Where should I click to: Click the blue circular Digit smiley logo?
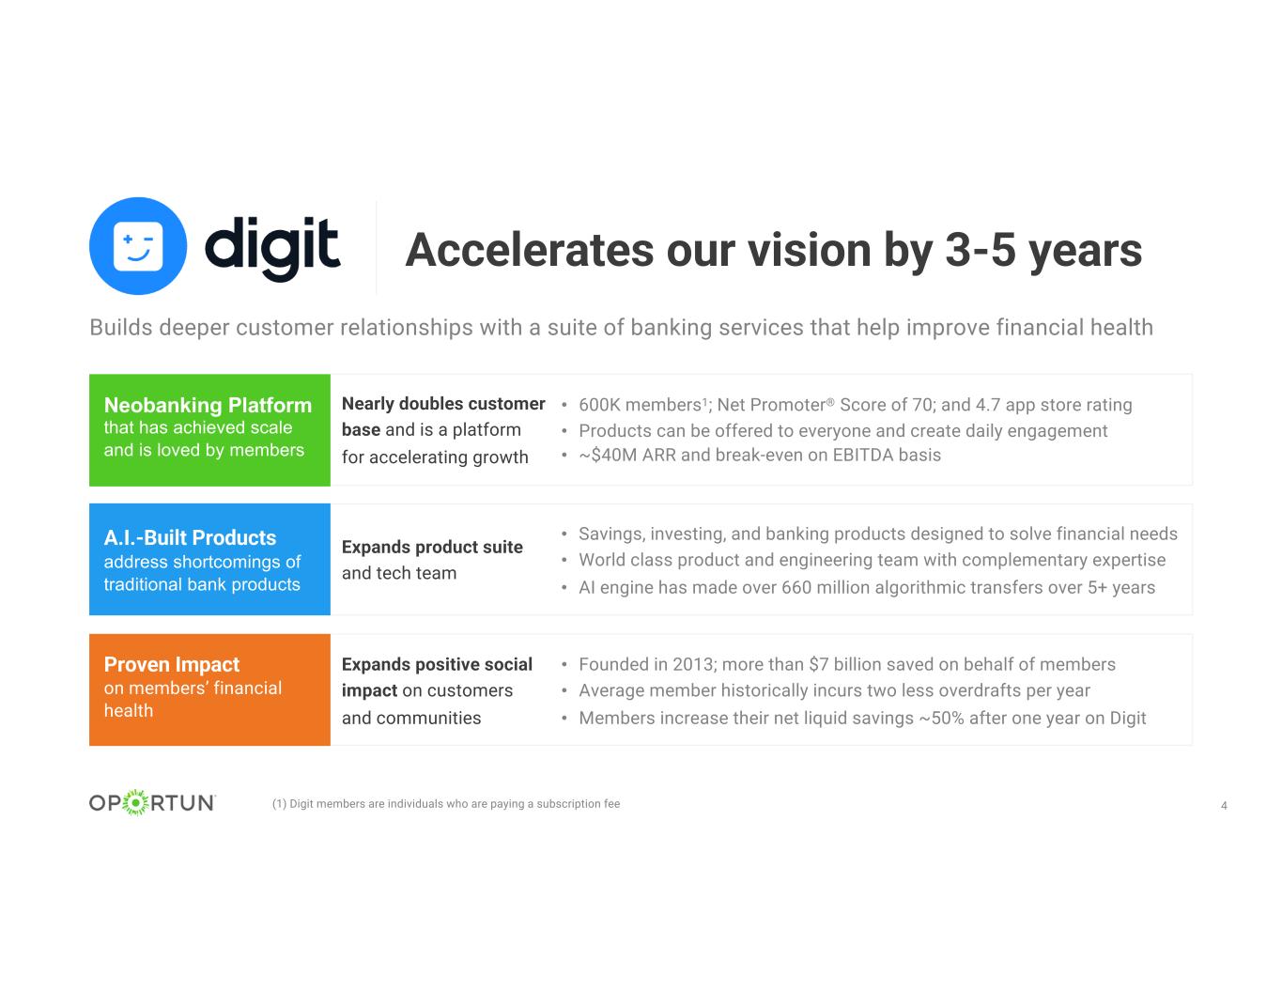pyautogui.click(x=138, y=246)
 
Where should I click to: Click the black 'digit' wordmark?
pyautogui.click(x=272, y=248)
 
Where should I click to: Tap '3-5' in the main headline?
pyautogui.click(x=981, y=250)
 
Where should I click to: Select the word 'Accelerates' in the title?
pyautogui.click(x=530, y=250)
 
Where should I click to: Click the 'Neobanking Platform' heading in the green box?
pyautogui.click(x=208, y=405)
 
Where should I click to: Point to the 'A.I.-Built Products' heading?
pyautogui.click(x=190, y=537)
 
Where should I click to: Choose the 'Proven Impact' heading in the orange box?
pyautogui.click(x=172, y=664)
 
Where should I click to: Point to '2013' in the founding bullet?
pyautogui.click(x=694, y=664)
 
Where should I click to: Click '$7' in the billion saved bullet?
pyautogui.click(x=819, y=664)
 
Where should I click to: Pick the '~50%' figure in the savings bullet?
pyautogui.click(x=942, y=718)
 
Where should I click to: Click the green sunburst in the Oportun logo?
pyautogui.click(x=136, y=803)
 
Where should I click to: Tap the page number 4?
pyautogui.click(x=1224, y=805)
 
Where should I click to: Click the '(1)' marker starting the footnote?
pyautogui.click(x=279, y=803)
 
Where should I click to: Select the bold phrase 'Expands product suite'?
pyautogui.click(x=432, y=547)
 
